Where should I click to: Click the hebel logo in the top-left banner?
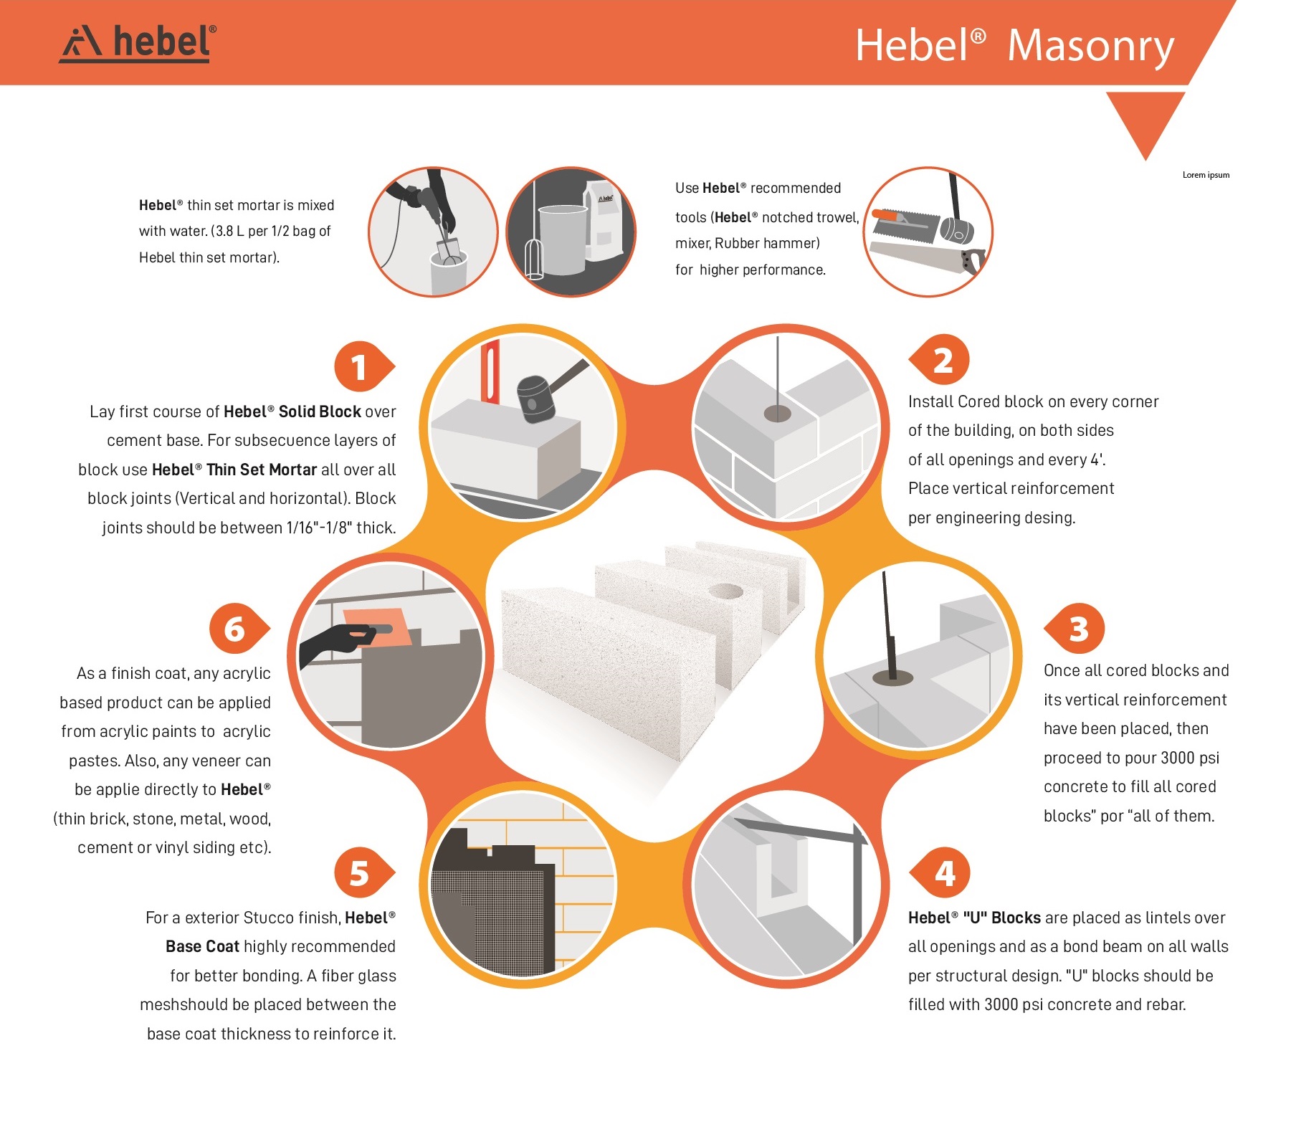point(138,44)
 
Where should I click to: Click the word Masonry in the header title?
point(1090,47)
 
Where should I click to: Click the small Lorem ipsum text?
point(1206,175)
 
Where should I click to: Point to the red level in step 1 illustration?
point(490,372)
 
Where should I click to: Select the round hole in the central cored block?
point(725,591)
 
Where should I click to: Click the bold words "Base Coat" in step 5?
point(202,946)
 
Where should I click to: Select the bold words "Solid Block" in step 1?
point(320,411)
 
